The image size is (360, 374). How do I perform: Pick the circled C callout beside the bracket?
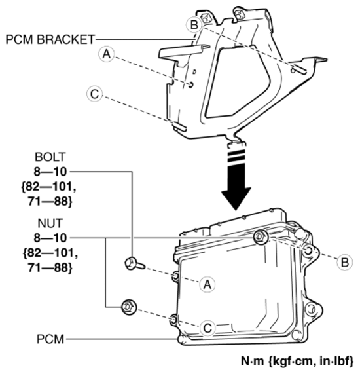pos(95,94)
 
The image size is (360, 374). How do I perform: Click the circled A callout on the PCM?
pos(207,283)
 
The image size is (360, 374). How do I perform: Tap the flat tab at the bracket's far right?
pos(315,62)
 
